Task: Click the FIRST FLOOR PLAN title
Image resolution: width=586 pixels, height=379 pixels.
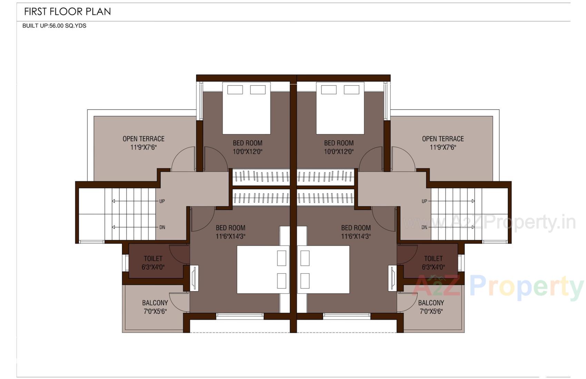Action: coord(67,12)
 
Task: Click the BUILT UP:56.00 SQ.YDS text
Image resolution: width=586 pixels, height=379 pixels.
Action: coord(54,26)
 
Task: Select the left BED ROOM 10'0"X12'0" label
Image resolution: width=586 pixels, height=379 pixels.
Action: coord(247,147)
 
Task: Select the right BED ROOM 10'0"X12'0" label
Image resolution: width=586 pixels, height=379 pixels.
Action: coord(339,147)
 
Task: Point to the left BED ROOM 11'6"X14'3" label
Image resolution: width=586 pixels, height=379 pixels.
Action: coord(230,232)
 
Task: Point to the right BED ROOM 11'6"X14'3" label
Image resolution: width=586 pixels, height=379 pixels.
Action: coord(356,232)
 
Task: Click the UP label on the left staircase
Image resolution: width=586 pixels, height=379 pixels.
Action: coord(162,201)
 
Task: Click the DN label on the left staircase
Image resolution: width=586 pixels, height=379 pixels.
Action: coord(162,227)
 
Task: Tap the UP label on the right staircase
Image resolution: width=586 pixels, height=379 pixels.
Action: coord(424,201)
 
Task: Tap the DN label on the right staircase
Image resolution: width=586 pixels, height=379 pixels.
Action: coord(424,227)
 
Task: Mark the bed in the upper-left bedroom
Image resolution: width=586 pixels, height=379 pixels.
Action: coord(246,109)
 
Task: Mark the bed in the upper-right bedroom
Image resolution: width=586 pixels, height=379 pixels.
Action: coord(340,109)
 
